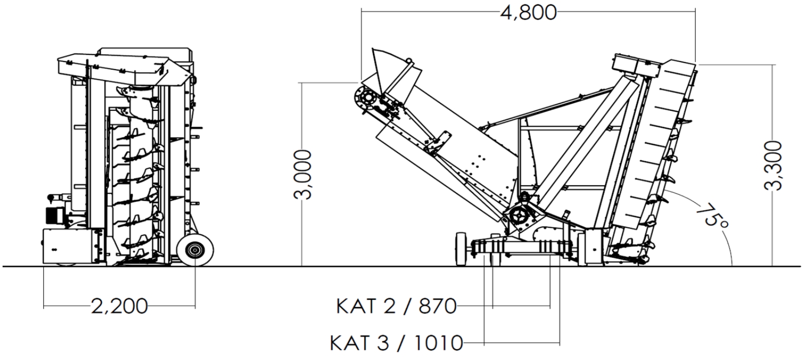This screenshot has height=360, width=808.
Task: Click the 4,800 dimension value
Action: click(529, 13)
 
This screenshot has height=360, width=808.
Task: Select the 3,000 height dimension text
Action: click(303, 174)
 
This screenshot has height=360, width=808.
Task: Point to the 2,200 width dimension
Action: click(119, 306)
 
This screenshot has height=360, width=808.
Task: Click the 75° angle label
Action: click(712, 216)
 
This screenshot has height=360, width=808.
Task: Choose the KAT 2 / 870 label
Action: click(396, 306)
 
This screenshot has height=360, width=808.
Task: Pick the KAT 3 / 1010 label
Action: click(396, 343)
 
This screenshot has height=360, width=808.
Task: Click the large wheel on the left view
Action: click(195, 250)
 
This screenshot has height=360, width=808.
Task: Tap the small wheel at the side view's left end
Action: click(461, 249)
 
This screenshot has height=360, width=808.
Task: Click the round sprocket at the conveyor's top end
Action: click(367, 98)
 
